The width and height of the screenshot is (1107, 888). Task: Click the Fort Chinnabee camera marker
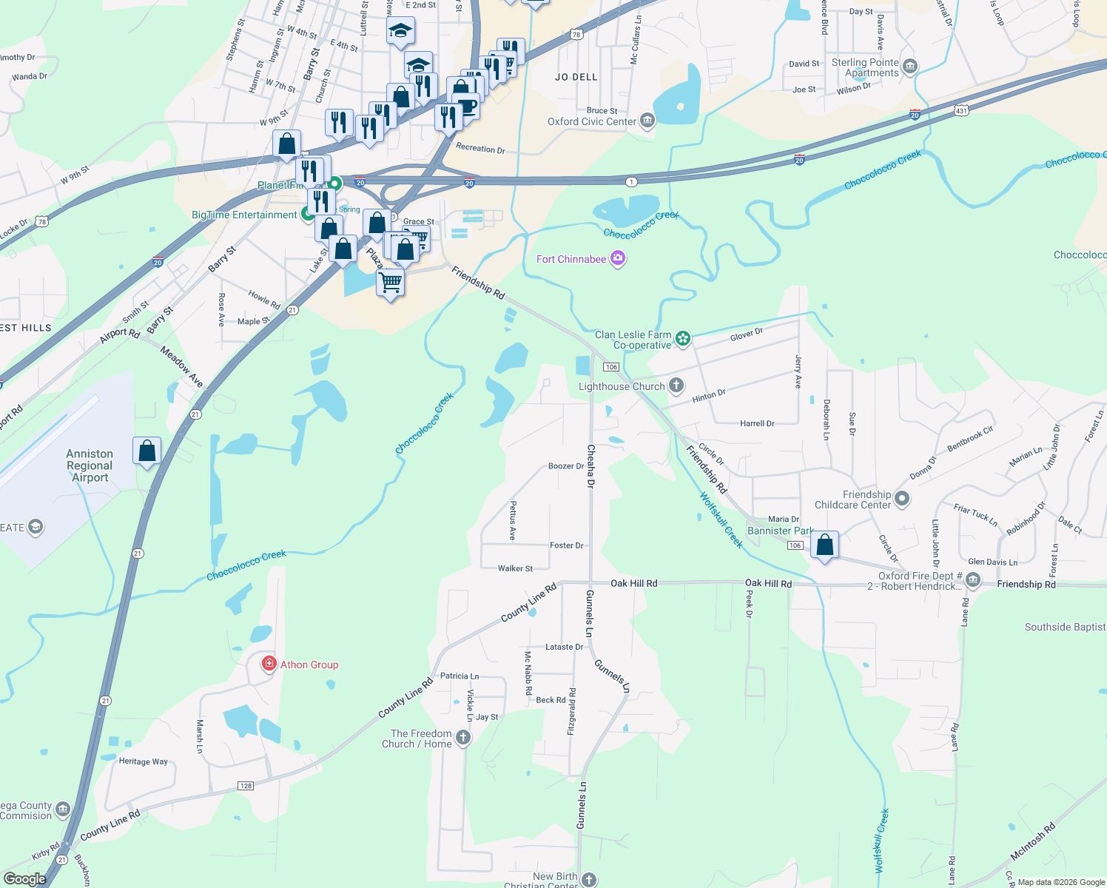click(x=618, y=259)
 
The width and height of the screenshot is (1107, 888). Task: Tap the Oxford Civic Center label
click(x=591, y=121)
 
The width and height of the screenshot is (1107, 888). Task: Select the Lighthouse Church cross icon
click(x=676, y=386)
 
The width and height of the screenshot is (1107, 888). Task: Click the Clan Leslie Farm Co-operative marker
click(x=683, y=339)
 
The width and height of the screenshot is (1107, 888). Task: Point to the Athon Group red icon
click(x=269, y=664)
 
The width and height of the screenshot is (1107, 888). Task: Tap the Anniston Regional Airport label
click(x=90, y=465)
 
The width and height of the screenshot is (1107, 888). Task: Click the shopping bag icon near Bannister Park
click(x=824, y=545)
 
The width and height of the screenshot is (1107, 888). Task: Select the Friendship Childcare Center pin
click(x=901, y=499)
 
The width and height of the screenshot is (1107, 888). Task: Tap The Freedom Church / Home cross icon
click(x=463, y=738)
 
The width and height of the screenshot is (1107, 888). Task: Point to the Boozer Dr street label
click(x=565, y=466)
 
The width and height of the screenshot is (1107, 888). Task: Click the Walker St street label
click(x=515, y=568)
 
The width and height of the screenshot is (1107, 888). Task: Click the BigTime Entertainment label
click(x=244, y=215)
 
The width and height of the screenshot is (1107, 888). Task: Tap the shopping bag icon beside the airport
click(x=147, y=450)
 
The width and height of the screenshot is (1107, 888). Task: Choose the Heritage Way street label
click(x=144, y=761)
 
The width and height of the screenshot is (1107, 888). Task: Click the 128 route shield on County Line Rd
click(x=246, y=786)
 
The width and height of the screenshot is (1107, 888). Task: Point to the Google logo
click(x=24, y=879)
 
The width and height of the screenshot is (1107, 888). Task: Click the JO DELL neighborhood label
click(x=576, y=77)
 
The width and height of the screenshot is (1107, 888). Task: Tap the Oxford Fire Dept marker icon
click(x=973, y=581)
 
